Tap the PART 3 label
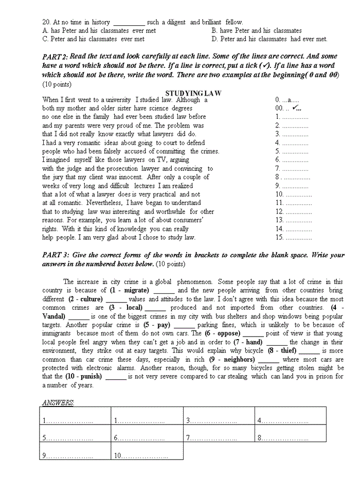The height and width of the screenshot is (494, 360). click(55, 255)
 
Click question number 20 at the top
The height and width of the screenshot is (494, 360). click(46, 22)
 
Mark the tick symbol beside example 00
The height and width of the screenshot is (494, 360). click(295, 108)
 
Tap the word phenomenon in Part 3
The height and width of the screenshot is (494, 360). click(195, 281)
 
